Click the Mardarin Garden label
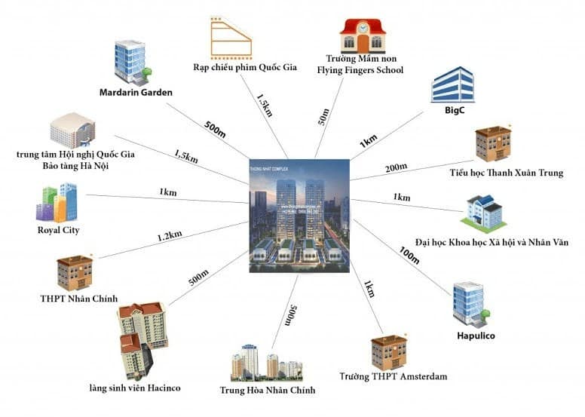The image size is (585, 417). (136, 93)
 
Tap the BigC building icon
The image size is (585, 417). (452, 84)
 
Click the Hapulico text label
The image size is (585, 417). (475, 336)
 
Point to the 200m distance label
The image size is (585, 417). (397, 167)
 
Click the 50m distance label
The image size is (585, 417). (324, 115)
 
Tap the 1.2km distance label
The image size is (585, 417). (170, 236)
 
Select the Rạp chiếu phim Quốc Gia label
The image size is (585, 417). (245, 68)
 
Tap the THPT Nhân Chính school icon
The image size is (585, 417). (75, 271)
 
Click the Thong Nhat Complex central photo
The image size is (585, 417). (299, 215)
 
